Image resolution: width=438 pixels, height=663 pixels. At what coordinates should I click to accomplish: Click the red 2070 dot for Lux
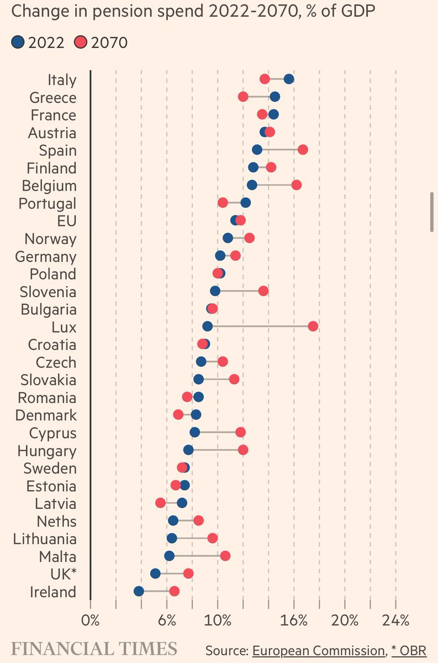coord(313,326)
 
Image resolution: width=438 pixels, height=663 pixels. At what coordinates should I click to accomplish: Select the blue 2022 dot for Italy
coord(288,78)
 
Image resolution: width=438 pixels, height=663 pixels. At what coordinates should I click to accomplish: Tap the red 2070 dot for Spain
coord(302,150)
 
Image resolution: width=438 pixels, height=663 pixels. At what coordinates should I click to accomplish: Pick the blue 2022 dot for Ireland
coord(139,591)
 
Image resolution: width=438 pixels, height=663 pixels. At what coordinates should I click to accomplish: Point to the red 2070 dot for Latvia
coord(160,503)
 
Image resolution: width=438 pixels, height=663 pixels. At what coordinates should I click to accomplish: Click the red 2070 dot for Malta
coord(225,556)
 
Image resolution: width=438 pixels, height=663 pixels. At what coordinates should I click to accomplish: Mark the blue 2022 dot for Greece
coord(275,97)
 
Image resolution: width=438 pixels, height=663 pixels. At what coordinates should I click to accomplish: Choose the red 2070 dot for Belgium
coord(296,185)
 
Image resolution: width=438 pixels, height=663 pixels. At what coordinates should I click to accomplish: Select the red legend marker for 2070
coord(81,42)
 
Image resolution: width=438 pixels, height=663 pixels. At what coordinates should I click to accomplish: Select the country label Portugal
coord(48,203)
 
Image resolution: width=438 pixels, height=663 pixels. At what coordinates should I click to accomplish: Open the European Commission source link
coord(318,650)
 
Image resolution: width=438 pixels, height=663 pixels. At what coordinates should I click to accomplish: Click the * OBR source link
coord(409,650)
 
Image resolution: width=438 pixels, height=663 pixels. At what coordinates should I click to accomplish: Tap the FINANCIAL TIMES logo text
coord(94,649)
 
